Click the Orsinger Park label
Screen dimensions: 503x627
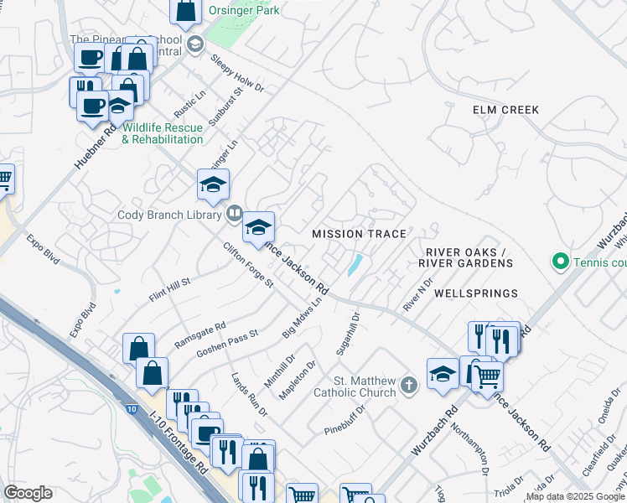point(245,11)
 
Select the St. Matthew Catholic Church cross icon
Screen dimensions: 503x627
point(408,386)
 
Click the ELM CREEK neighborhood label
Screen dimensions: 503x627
point(505,110)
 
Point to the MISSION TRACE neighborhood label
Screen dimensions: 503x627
point(359,234)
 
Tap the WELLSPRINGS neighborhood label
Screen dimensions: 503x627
point(476,293)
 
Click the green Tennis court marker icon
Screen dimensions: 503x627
point(560,262)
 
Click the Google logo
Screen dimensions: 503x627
point(28,493)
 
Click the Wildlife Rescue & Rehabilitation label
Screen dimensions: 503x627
point(163,133)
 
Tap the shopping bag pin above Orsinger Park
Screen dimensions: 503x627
point(186,12)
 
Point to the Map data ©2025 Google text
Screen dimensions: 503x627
point(575,496)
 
